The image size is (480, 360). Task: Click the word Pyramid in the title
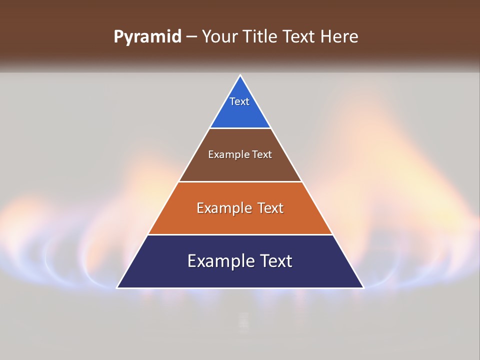pos(147,37)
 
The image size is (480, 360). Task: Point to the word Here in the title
pos(339,36)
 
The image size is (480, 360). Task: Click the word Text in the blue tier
pos(239,101)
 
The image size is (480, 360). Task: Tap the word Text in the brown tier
pos(262,154)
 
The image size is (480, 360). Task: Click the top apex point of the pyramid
pos(240,75)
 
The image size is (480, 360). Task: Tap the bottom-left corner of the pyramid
pos(117,288)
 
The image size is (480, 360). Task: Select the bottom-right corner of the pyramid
pos(363,288)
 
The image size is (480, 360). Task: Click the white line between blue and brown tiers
pos(240,128)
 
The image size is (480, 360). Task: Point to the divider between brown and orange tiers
pos(240,181)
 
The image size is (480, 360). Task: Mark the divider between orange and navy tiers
pos(240,234)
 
